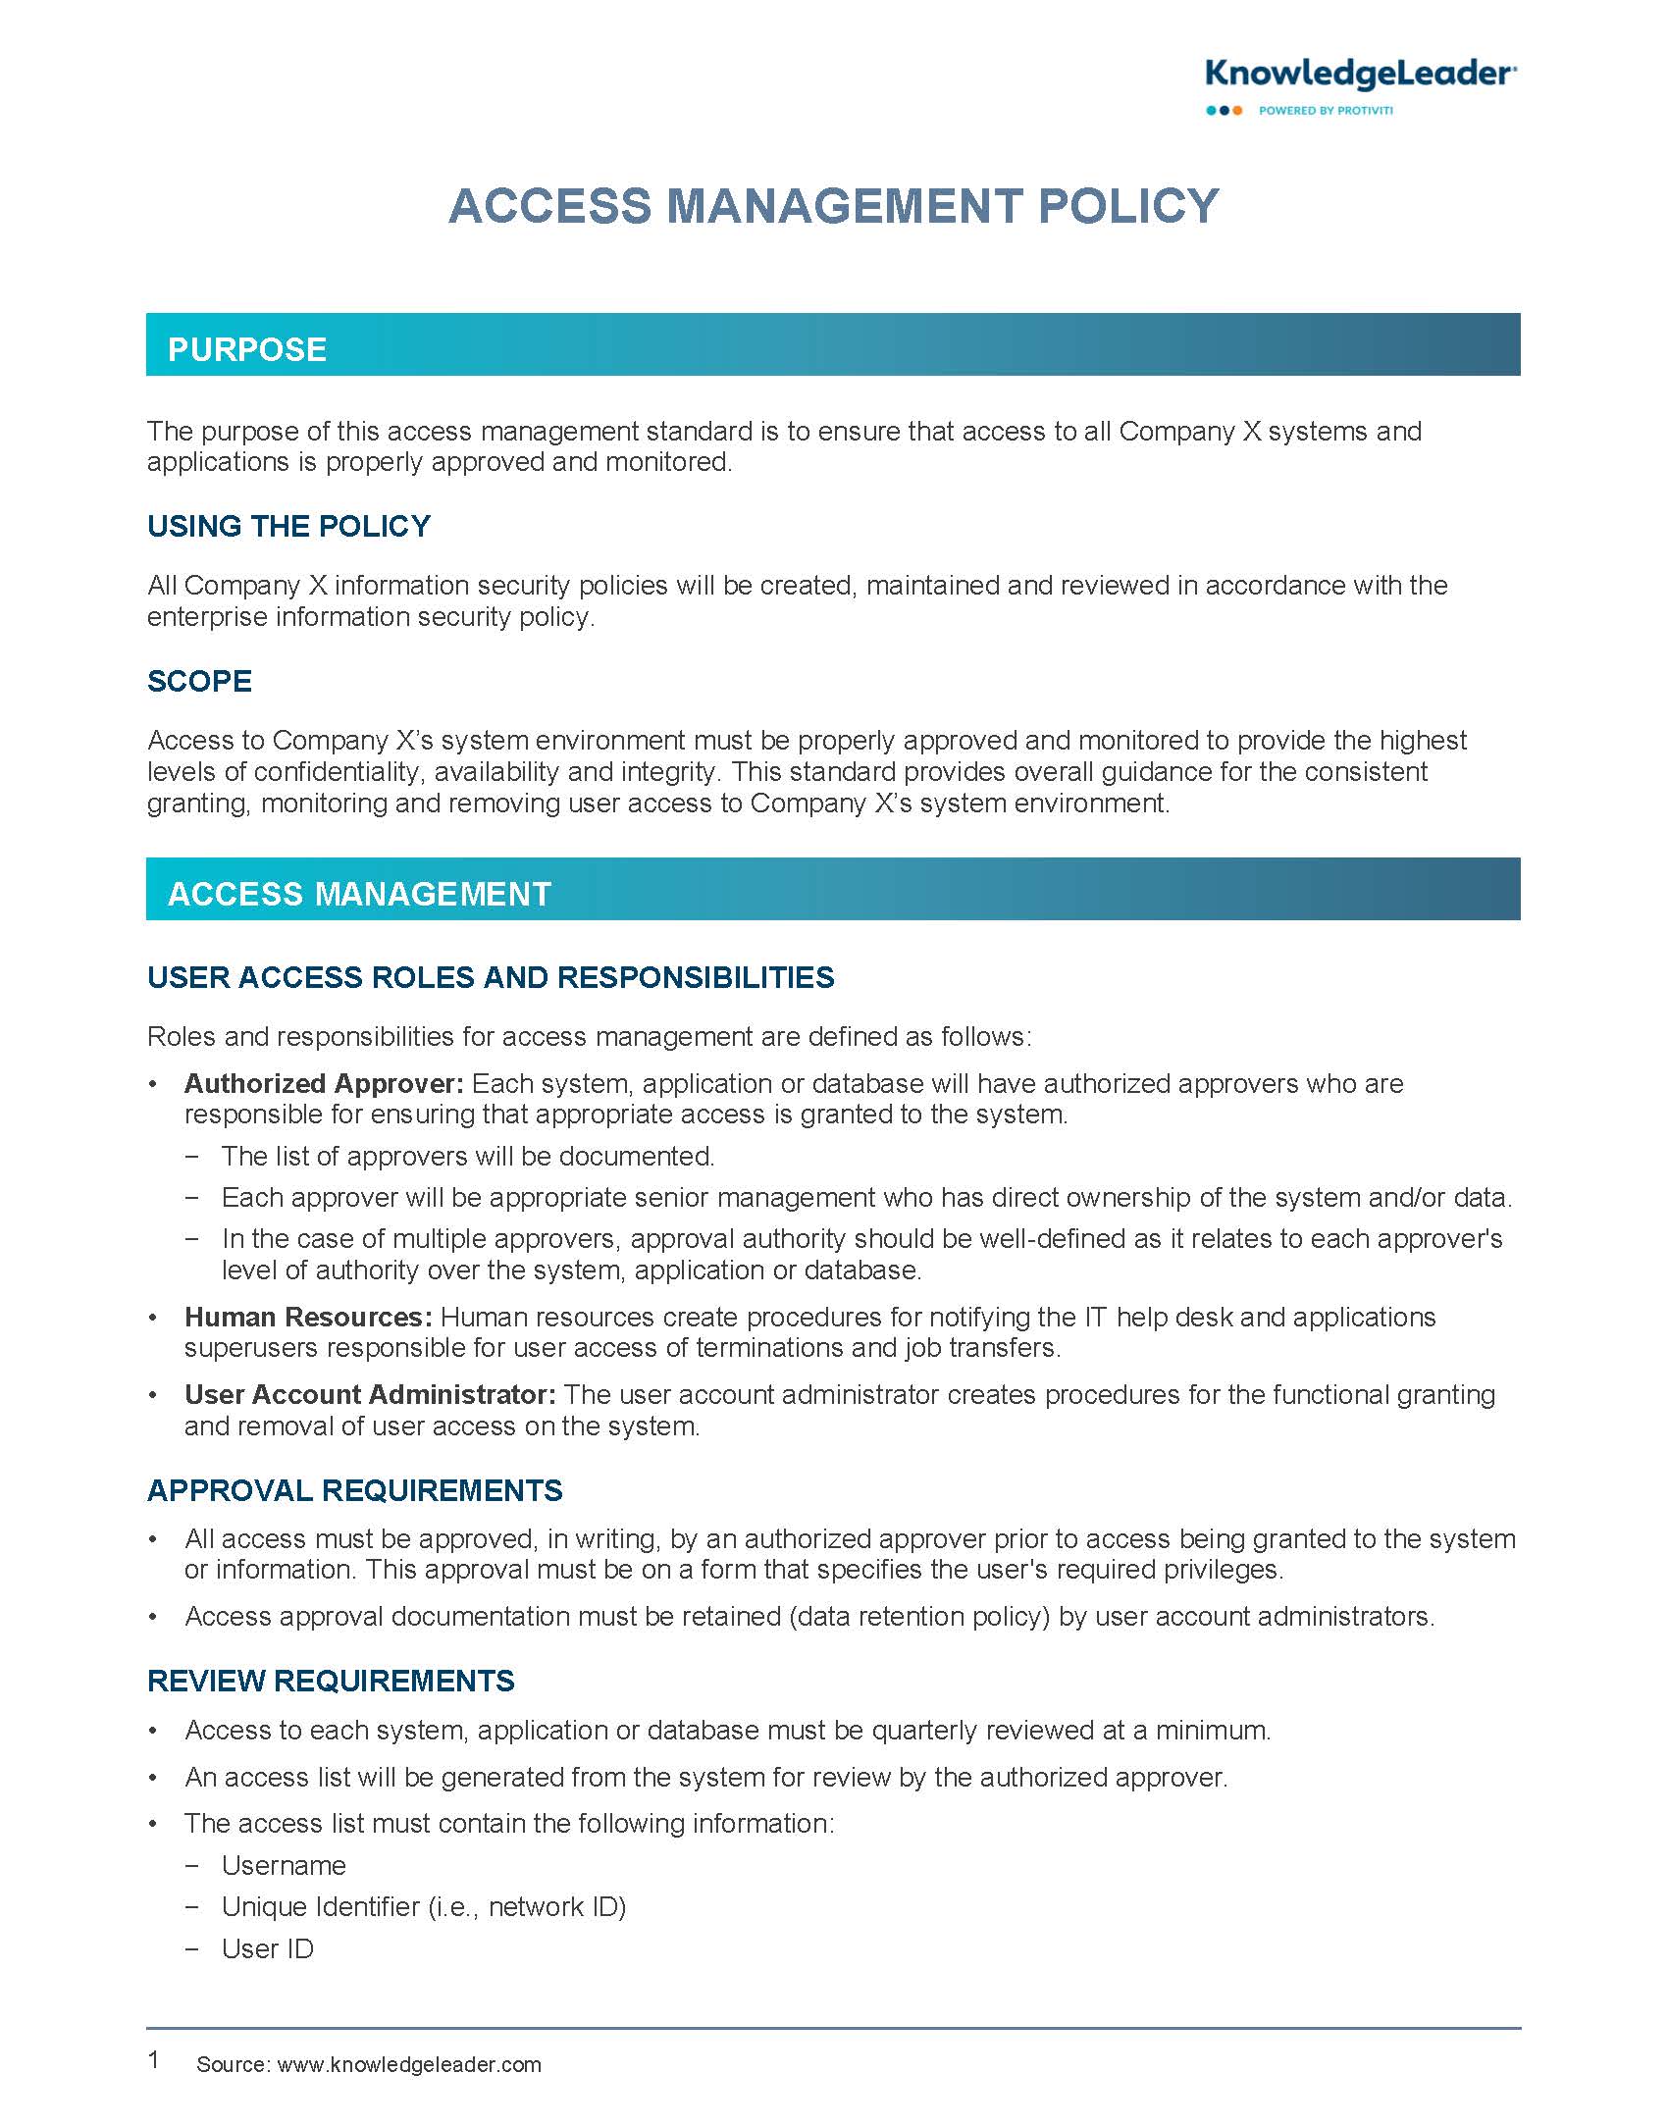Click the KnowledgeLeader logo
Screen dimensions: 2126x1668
1360,75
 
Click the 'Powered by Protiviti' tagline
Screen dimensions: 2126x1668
1325,111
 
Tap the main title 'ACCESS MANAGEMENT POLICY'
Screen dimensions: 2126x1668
833,206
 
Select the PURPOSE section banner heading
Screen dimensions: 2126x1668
247,350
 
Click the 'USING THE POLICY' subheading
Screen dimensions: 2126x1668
288,527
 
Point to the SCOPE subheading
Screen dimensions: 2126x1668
199,682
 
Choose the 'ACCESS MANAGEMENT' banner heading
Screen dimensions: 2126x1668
359,894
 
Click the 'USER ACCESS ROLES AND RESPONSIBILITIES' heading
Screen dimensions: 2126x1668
491,978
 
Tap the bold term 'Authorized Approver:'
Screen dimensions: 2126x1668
324,1084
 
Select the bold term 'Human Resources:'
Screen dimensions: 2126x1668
308,1317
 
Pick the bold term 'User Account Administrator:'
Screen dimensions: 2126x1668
370,1394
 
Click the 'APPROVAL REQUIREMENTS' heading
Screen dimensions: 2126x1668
354,1491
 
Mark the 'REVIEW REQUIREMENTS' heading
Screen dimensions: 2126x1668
331,1681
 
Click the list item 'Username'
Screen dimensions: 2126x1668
284,1865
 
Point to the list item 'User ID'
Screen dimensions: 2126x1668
268,1948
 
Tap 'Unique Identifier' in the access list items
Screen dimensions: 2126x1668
321,1906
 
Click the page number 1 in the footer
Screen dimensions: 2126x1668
154,2059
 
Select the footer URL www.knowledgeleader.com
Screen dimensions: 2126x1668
409,2064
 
